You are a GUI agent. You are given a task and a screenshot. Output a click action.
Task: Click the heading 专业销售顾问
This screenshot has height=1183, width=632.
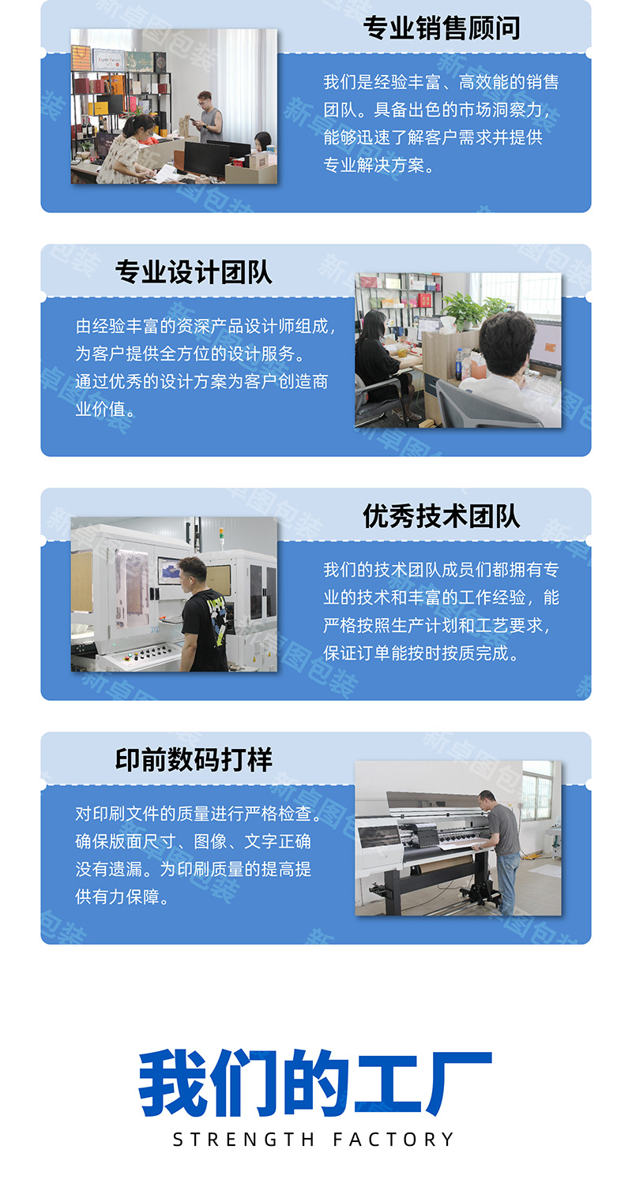click(x=442, y=28)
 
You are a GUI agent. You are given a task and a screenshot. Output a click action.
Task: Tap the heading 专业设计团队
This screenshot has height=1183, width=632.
click(x=194, y=272)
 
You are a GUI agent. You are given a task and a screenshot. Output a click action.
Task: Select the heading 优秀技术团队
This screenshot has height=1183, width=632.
click(x=442, y=516)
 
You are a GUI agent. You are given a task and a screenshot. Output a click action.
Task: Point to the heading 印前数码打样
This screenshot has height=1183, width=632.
click(x=194, y=760)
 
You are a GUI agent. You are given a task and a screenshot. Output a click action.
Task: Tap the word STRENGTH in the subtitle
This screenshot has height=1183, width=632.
click(x=243, y=1140)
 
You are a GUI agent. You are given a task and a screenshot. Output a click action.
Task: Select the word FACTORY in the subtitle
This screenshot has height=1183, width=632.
click(x=393, y=1140)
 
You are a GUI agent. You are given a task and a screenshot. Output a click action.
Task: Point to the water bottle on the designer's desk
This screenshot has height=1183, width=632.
click(x=459, y=364)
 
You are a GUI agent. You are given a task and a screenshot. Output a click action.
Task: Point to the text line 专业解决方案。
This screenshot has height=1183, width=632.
click(x=378, y=165)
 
